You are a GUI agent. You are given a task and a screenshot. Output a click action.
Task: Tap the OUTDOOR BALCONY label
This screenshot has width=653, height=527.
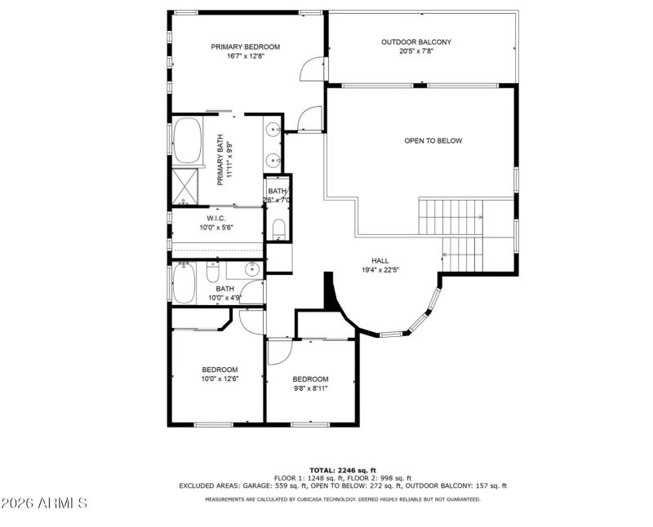click(x=416, y=42)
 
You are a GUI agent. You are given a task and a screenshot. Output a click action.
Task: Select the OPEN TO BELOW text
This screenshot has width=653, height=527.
click(x=433, y=140)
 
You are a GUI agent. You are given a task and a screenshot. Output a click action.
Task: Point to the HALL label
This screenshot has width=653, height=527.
click(x=380, y=260)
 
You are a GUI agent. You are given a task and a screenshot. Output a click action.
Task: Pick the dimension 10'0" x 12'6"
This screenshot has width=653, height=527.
click(x=220, y=379)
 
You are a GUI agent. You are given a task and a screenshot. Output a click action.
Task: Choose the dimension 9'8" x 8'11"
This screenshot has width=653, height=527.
click(x=310, y=388)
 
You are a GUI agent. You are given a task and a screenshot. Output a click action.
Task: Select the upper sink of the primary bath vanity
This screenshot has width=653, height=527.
click(x=273, y=129)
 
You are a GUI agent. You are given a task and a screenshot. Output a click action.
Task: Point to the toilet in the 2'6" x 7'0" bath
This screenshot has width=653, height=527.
click(x=278, y=226)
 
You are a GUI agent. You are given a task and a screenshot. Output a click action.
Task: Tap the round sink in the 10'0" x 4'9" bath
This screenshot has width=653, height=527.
click(x=252, y=268)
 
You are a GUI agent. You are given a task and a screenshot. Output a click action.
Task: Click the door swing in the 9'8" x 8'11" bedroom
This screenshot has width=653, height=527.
click(x=279, y=352)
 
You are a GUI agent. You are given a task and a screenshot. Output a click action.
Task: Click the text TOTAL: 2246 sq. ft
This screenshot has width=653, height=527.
click(x=343, y=471)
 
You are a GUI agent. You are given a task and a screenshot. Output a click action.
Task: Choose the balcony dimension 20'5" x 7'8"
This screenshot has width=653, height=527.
click(x=416, y=51)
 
